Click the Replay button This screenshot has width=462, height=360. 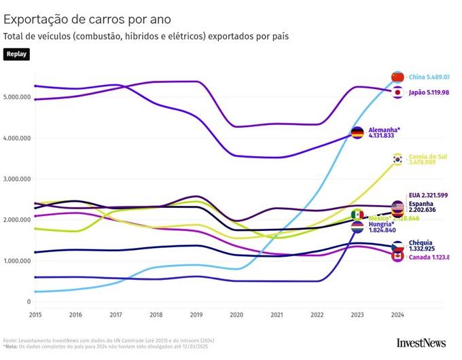16,54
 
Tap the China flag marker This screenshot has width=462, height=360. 397,77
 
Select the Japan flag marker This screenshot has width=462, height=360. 397,92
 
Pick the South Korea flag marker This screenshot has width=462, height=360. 397,159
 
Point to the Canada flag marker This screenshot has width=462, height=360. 397,256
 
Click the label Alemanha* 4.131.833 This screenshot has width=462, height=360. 385,132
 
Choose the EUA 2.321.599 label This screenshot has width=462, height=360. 428,196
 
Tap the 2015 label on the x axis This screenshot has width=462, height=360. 35,315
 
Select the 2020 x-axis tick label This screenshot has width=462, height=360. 236,315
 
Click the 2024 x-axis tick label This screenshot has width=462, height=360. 397,315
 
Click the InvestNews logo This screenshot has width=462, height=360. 421,343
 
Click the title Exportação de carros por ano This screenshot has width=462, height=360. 87,19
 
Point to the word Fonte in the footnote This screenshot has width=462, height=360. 10,340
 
